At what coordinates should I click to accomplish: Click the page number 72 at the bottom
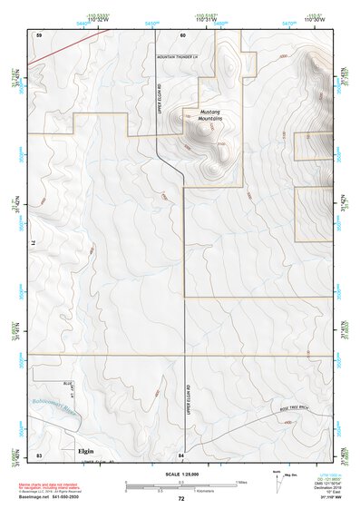click(x=181, y=499)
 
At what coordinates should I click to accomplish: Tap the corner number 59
click(x=39, y=34)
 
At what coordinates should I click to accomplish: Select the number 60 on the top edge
click(x=182, y=34)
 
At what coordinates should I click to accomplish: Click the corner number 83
click(x=39, y=453)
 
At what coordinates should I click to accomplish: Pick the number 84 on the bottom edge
click(x=182, y=453)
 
